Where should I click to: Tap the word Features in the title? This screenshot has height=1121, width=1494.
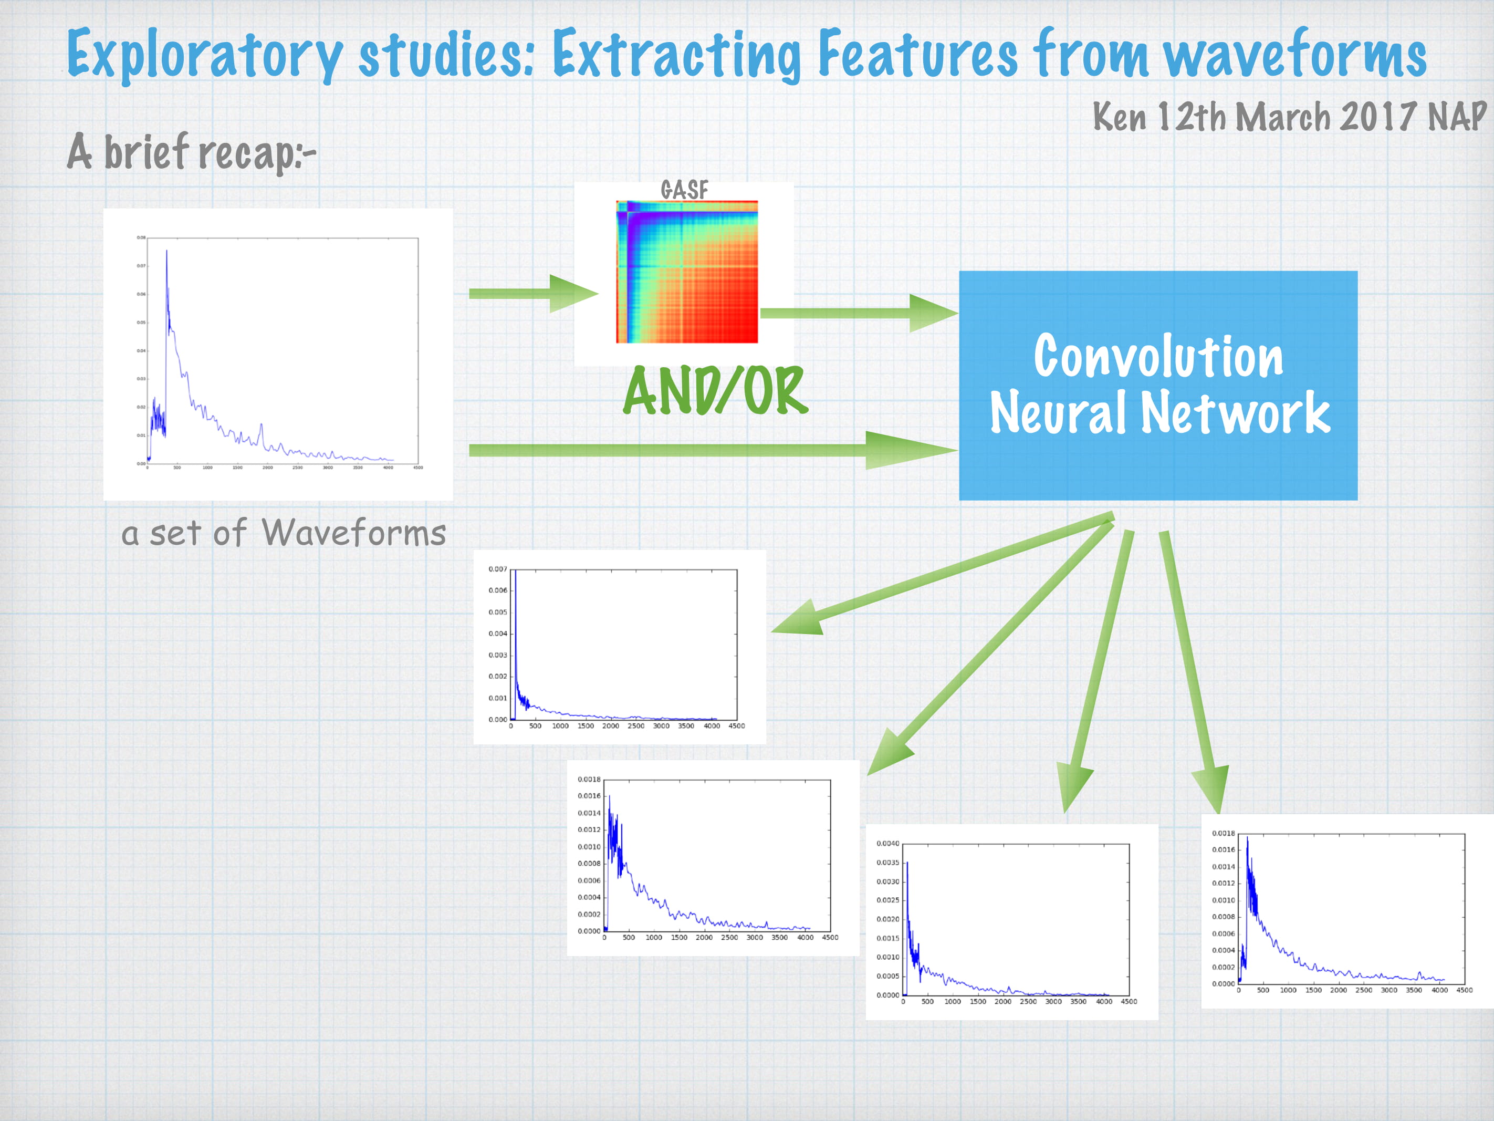pyautogui.click(x=917, y=54)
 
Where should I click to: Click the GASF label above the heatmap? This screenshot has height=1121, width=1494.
pyautogui.click(x=684, y=190)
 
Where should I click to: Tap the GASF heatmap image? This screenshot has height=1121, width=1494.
pyautogui.click(x=687, y=272)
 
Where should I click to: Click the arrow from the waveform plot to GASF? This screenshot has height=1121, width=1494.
pyautogui.click(x=533, y=293)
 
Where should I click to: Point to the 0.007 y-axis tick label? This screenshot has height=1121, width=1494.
pyautogui.click(x=497, y=569)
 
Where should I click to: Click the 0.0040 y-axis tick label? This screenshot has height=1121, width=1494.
pyautogui.click(x=887, y=843)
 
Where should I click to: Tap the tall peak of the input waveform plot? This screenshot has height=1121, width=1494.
pyautogui.click(x=167, y=253)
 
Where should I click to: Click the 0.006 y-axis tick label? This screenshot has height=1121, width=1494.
pyautogui.click(x=497, y=590)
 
